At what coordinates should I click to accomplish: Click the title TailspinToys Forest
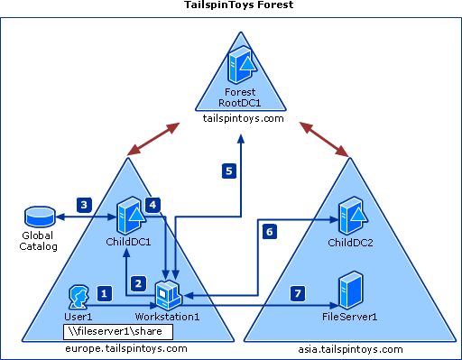[x=231, y=5]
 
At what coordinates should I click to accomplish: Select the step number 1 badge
[x=104, y=293]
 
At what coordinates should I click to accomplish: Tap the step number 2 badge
[x=138, y=282]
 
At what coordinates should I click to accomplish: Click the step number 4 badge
[x=152, y=205]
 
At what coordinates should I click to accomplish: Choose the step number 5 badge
[x=228, y=170]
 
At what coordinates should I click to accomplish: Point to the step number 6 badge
[x=269, y=232]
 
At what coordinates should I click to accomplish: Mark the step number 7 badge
[x=299, y=293]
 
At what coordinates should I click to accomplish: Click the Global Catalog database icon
[x=39, y=218]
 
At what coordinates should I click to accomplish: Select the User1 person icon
[x=79, y=296]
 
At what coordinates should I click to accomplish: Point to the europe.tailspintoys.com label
[x=126, y=348]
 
